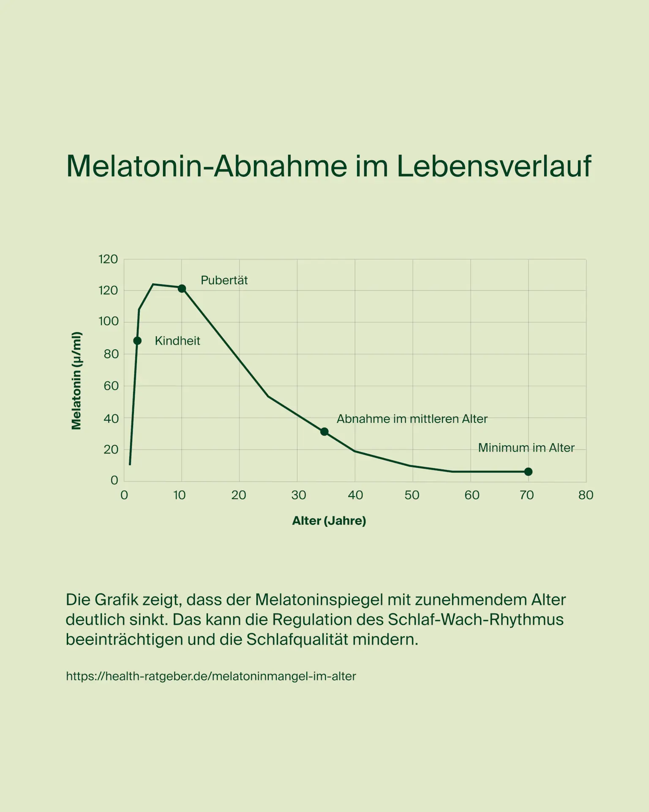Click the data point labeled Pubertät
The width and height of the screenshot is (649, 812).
(x=182, y=288)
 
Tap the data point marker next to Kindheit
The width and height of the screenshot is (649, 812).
(x=137, y=341)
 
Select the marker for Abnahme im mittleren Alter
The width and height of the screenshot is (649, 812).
(x=324, y=432)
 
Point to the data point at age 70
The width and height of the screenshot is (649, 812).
(x=528, y=472)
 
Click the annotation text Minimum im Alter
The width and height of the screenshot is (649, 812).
(x=526, y=448)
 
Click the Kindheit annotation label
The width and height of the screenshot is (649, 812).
(x=177, y=341)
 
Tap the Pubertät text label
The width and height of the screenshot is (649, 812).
(x=224, y=280)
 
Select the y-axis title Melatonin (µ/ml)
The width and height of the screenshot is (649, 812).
(x=76, y=381)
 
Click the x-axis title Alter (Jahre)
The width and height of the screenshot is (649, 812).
(x=329, y=521)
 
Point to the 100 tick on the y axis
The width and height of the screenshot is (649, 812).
(x=109, y=321)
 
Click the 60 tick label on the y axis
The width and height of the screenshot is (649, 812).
(x=111, y=386)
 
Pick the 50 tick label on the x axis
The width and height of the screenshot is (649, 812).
(x=412, y=495)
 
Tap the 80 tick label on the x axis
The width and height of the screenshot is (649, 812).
(x=586, y=495)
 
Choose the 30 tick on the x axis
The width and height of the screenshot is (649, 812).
(x=299, y=495)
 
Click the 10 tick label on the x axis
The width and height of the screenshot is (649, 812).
(x=180, y=495)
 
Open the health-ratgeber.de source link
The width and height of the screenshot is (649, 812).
(x=211, y=676)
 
